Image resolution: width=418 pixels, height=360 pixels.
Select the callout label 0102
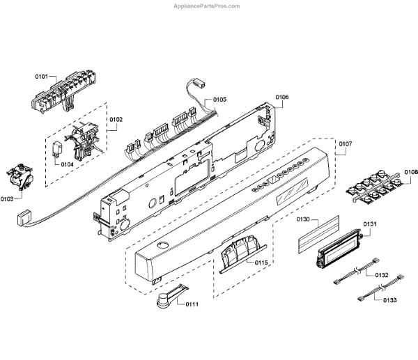(116, 120)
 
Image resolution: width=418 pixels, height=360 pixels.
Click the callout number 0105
(220, 100)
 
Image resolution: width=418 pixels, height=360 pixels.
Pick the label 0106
(281, 97)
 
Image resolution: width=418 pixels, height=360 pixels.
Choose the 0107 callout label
(345, 146)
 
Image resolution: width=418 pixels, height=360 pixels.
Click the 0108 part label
(411, 172)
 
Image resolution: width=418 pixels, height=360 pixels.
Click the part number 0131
(369, 224)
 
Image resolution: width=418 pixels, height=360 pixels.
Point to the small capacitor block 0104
(59, 148)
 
